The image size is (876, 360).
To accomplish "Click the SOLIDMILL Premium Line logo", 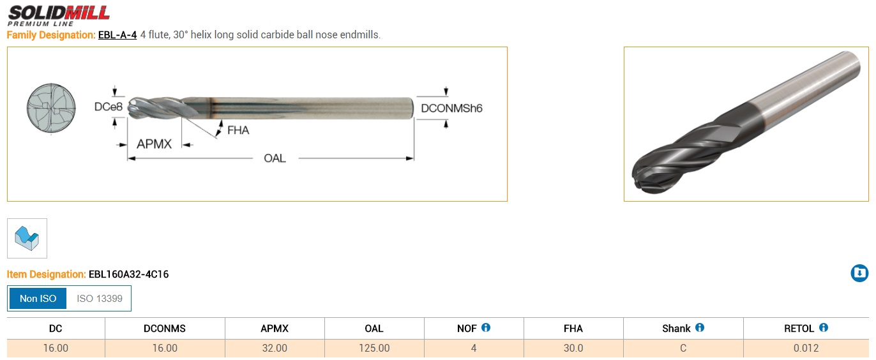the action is pyautogui.click(x=59, y=15).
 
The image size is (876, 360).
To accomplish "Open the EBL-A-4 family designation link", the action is pyautogui.click(x=117, y=35).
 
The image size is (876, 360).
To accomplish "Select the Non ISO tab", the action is pyautogui.click(x=38, y=299).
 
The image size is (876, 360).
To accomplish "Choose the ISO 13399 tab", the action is pyautogui.click(x=100, y=299).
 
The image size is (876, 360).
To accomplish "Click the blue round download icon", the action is pyautogui.click(x=859, y=273).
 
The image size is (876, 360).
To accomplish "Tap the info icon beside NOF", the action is pyautogui.click(x=486, y=327).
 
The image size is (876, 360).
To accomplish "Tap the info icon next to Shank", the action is pyautogui.click(x=700, y=327).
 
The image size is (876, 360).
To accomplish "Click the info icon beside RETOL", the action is pyautogui.click(x=824, y=327).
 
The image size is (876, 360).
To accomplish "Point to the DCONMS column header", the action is pyautogui.click(x=165, y=328).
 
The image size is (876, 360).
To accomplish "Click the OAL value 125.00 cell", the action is pyautogui.click(x=374, y=349).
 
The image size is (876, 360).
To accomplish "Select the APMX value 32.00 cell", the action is pyautogui.click(x=275, y=349).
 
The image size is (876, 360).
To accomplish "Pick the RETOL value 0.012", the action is pyautogui.click(x=806, y=349).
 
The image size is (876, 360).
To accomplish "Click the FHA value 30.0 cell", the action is pyautogui.click(x=573, y=349).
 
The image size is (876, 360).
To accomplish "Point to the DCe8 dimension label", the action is pyautogui.click(x=109, y=107).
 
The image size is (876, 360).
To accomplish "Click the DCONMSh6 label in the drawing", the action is pyautogui.click(x=451, y=109).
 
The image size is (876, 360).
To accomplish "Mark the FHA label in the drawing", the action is pyautogui.click(x=238, y=130).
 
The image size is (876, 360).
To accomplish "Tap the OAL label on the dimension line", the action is pyautogui.click(x=275, y=158).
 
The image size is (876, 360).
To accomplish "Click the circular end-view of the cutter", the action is pyautogui.click(x=51, y=109).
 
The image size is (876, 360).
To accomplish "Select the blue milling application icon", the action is pyautogui.click(x=27, y=239).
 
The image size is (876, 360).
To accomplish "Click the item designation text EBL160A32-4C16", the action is pyautogui.click(x=129, y=274).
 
